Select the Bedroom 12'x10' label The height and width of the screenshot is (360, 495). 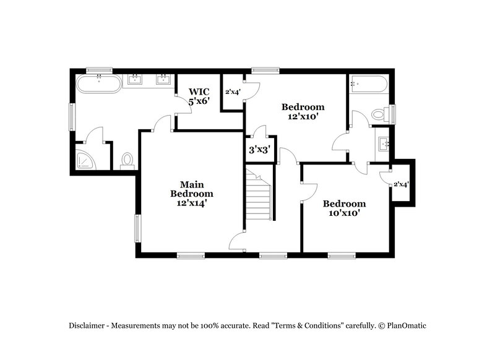pos(303,111)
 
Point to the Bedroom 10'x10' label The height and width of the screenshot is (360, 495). pos(344,208)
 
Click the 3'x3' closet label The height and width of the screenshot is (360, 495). pos(259,149)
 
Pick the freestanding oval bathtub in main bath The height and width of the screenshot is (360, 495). pos(99,84)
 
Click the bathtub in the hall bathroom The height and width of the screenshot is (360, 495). pos(368,84)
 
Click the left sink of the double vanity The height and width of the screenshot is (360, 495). pos(135,79)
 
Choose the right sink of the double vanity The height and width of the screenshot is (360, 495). pos(163,79)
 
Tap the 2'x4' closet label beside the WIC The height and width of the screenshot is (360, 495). pos(232,92)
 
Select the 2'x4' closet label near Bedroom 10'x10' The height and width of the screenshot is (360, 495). pos(402,184)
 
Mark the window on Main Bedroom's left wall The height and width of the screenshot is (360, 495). pos(139,229)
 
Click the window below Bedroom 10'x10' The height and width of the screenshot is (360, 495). pos(341,254)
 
